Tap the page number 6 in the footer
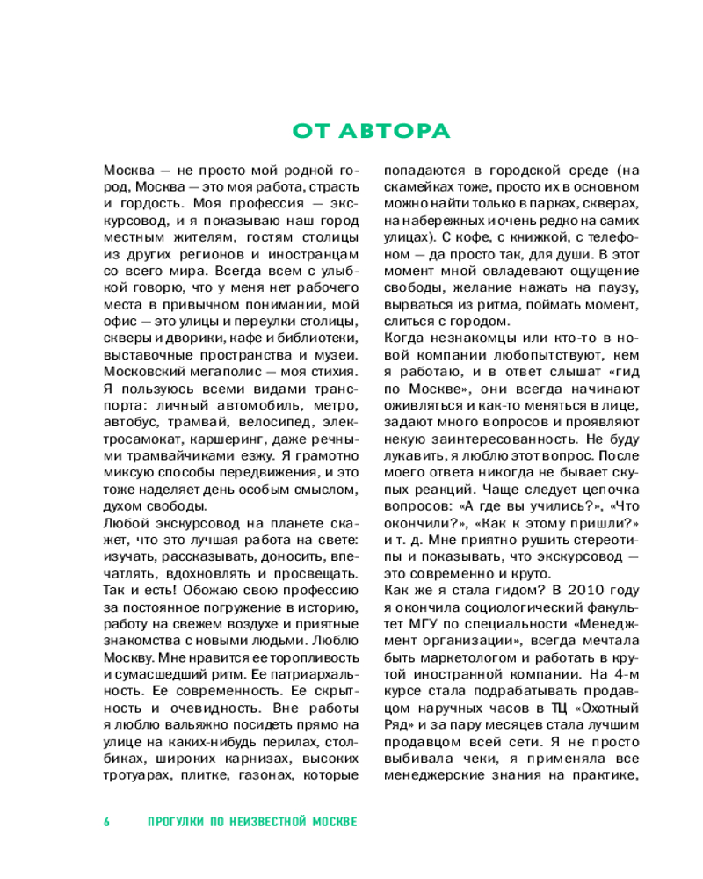point(107,822)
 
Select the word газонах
point(263,775)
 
